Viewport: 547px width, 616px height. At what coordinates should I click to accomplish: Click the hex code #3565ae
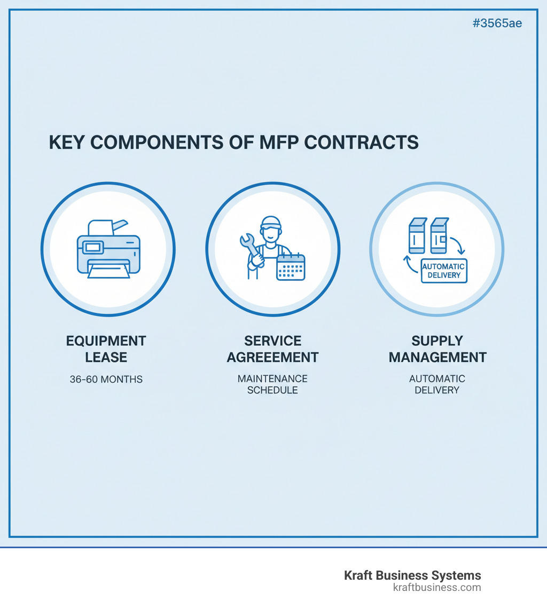497,23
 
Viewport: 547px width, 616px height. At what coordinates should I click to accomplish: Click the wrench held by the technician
250,248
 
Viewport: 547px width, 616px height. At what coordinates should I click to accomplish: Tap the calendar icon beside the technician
290,267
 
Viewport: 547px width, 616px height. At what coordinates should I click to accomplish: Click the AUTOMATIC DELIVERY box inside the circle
444,271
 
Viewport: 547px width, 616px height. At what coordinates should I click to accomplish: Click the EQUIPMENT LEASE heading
106,349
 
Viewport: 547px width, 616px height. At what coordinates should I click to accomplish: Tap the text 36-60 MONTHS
106,380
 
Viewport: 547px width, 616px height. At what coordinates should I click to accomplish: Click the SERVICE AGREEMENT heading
272,349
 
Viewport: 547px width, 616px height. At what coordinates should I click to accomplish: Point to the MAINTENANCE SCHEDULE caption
272,384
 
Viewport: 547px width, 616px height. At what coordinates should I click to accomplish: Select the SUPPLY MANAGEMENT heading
437,349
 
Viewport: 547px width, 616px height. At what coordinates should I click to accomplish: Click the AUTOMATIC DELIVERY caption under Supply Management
437,384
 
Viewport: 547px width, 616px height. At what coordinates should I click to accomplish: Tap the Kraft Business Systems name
412,575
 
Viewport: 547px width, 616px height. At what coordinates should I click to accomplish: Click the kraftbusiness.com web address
436,588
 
